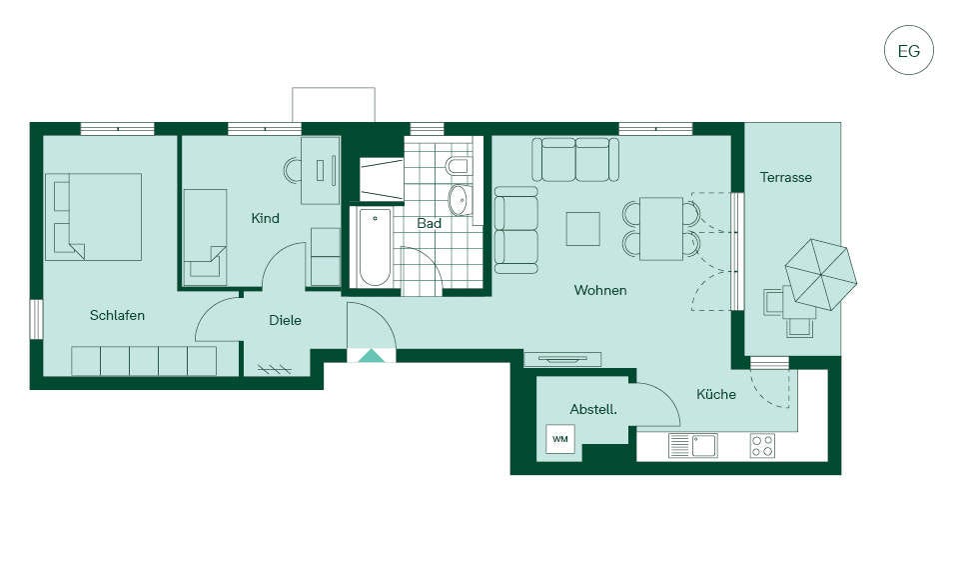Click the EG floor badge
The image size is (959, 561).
[x=909, y=50]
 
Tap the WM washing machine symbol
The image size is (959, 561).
[x=560, y=439]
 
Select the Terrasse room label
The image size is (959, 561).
[x=786, y=178]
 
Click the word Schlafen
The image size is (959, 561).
[x=117, y=315]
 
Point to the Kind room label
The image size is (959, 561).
[x=265, y=218]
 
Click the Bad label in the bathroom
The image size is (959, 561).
[x=429, y=224]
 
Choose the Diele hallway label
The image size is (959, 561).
[x=285, y=320]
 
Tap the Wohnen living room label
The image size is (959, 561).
[x=600, y=290]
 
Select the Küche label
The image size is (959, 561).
[x=716, y=394]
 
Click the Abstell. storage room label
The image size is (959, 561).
[x=593, y=410]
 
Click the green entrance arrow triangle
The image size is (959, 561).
[x=372, y=356]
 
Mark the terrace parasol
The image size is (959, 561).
[x=821, y=274]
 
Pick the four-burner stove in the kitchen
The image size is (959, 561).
[x=762, y=446]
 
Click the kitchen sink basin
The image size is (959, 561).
[x=704, y=446]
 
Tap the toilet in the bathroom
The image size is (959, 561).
[x=459, y=166]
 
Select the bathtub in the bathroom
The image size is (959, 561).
[x=375, y=247]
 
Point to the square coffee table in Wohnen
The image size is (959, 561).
[x=582, y=228]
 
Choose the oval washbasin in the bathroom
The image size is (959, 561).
[x=460, y=200]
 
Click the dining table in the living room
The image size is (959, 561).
[x=661, y=228]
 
